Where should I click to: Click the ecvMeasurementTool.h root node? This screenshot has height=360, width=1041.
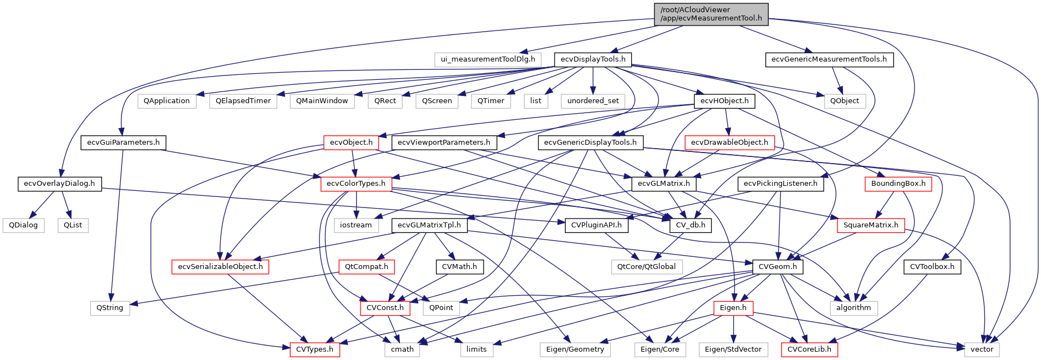[x=711, y=14]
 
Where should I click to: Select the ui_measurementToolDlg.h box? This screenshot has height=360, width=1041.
[x=488, y=59]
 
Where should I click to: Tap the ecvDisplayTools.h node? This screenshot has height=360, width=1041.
[x=593, y=59]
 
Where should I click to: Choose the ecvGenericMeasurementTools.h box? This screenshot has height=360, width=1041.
[x=829, y=59]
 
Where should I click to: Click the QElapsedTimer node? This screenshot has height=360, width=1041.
[x=243, y=101]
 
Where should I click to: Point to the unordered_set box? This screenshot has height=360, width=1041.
[x=593, y=101]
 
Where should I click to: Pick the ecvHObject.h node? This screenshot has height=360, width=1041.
[x=724, y=101]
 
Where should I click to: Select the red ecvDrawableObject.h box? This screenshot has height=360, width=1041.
[x=729, y=143]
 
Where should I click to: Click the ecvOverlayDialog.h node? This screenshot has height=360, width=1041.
[x=59, y=184]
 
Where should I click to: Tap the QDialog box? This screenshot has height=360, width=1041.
[x=23, y=225]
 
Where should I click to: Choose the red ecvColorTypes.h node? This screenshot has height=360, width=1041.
[x=356, y=184]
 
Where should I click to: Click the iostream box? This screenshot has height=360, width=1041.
[x=356, y=225]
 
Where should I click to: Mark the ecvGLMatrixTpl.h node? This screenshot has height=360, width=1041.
[x=429, y=225]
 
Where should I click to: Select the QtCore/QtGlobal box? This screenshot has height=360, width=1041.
[x=646, y=267]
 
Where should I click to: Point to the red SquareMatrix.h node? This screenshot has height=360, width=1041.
[x=871, y=225]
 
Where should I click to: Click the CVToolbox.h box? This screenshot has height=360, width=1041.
[x=932, y=267]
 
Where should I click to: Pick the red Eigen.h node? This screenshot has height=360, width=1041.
[x=733, y=308]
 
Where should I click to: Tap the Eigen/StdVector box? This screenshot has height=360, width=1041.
[x=733, y=349]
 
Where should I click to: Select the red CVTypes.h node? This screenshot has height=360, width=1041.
[x=314, y=349]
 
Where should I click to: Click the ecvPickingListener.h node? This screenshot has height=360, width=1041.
[x=780, y=184]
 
